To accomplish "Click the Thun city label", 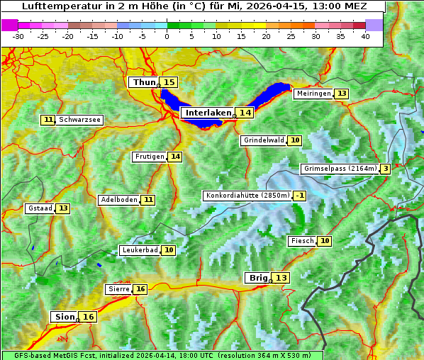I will point(144,83).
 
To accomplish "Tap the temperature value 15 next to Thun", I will point(169,83).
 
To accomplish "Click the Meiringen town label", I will point(313,94).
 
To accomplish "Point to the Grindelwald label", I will point(264,140).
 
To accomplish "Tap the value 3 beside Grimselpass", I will point(385,169).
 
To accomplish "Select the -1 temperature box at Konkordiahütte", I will point(301,196).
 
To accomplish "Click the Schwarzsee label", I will point(79,120).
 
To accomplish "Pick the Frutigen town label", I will point(149,157).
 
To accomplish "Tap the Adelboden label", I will point(118,200).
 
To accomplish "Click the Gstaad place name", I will point(40,208).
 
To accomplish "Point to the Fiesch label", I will point(302,241).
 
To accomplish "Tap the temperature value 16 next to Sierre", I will point(140,289).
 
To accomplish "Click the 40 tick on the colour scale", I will point(365,36).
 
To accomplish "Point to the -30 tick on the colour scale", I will point(18,36).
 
